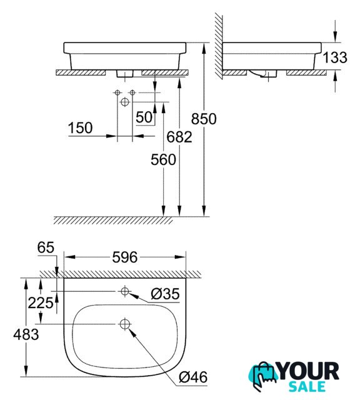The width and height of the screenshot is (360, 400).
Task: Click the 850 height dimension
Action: click(x=204, y=119)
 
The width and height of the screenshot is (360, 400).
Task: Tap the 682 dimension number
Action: click(x=179, y=137)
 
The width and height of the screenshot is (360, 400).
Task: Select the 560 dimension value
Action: click(x=163, y=160)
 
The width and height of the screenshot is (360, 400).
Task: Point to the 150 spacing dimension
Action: click(x=80, y=127)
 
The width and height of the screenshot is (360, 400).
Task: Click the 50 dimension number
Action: click(x=144, y=117)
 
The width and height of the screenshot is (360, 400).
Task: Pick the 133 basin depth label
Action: click(x=335, y=57)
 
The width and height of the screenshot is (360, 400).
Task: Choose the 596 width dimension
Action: click(x=125, y=257)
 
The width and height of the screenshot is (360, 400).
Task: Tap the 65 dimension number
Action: click(x=46, y=247)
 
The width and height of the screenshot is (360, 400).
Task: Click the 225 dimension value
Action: click(x=41, y=303)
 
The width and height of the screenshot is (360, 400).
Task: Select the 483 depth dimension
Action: click(x=26, y=334)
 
